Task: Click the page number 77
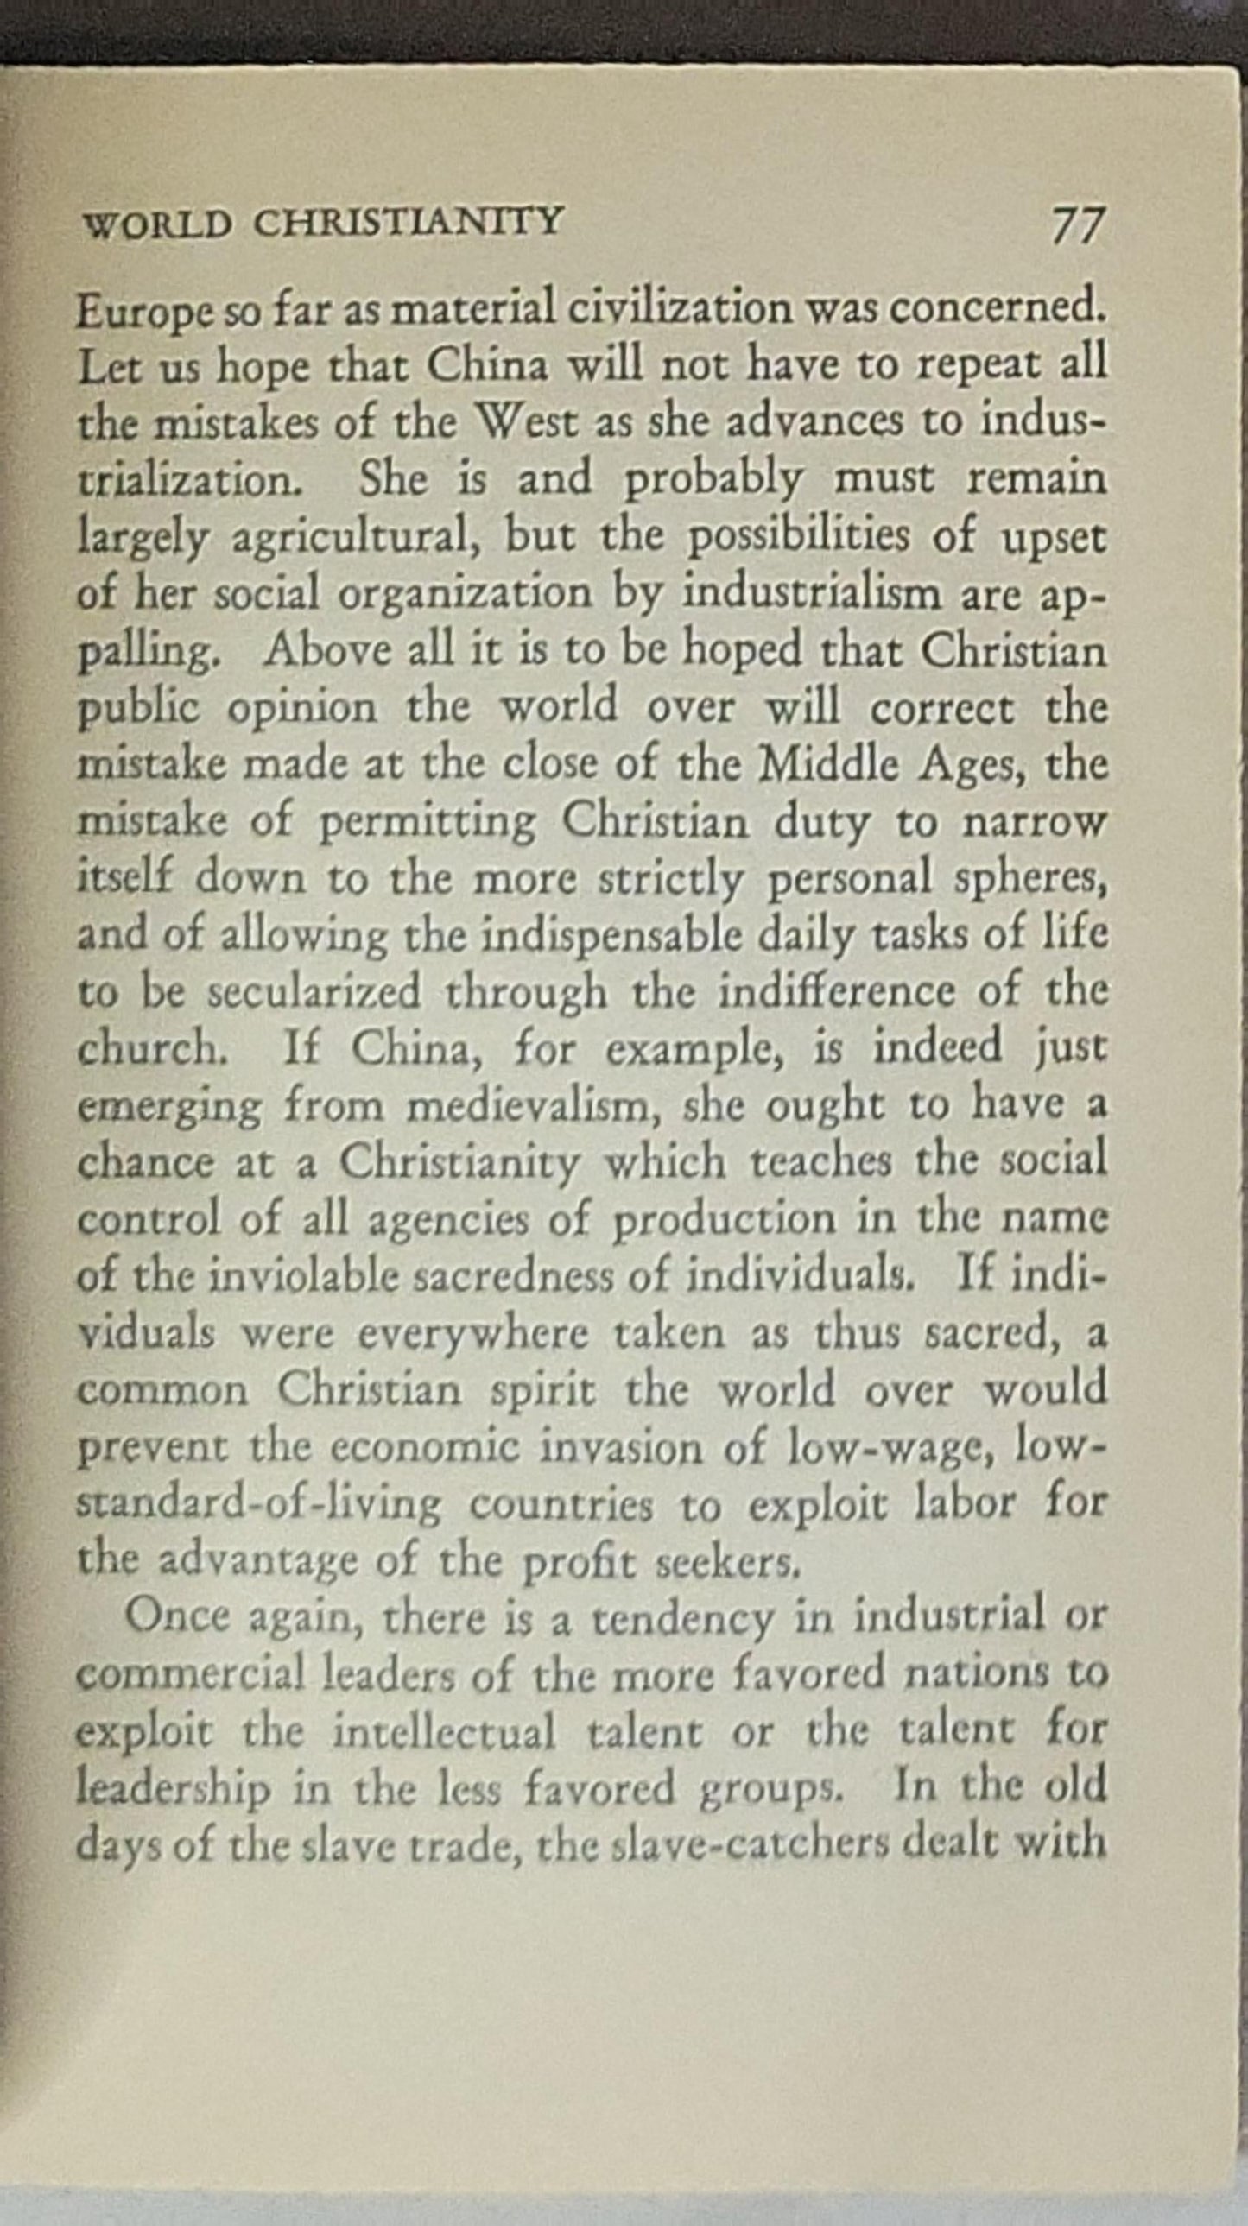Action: click(1078, 227)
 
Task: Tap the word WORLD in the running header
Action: click(156, 225)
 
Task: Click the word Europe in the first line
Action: click(143, 313)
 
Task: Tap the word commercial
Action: click(191, 1675)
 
